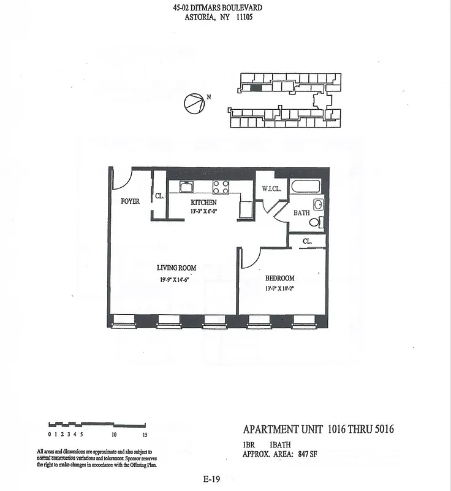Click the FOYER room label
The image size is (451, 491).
(130, 201)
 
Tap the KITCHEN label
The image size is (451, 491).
(203, 202)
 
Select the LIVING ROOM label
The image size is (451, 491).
(176, 268)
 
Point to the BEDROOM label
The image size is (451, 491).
(280, 278)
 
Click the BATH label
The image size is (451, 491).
(301, 213)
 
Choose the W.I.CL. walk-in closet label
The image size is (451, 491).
(271, 189)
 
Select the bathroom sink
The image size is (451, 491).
(318, 204)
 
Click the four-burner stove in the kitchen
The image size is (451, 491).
(221, 187)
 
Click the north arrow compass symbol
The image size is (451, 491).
(194, 104)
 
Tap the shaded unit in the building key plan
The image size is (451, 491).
(256, 88)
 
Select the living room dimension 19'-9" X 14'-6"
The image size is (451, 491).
(176, 280)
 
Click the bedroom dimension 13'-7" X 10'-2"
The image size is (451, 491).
(280, 288)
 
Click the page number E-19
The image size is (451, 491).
(211, 480)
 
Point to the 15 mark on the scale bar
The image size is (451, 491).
(145, 435)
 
